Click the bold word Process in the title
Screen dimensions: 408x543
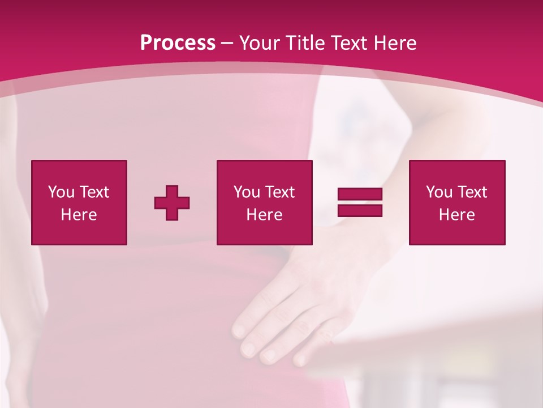178,43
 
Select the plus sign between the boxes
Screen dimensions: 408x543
172,203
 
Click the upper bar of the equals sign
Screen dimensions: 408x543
360,194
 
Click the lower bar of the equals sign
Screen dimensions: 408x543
360,211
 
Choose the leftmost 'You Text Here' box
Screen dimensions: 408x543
79,202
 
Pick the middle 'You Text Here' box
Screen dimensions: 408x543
264,202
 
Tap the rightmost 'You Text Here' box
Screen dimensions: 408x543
457,202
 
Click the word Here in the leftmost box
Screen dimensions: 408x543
79,215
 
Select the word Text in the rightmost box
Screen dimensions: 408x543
473,192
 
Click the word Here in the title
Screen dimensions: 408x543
396,43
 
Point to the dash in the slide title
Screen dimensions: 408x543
227,44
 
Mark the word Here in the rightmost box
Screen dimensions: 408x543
457,215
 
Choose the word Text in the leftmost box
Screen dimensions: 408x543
94,192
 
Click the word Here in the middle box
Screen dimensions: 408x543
264,215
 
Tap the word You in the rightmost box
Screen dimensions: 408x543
439,192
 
